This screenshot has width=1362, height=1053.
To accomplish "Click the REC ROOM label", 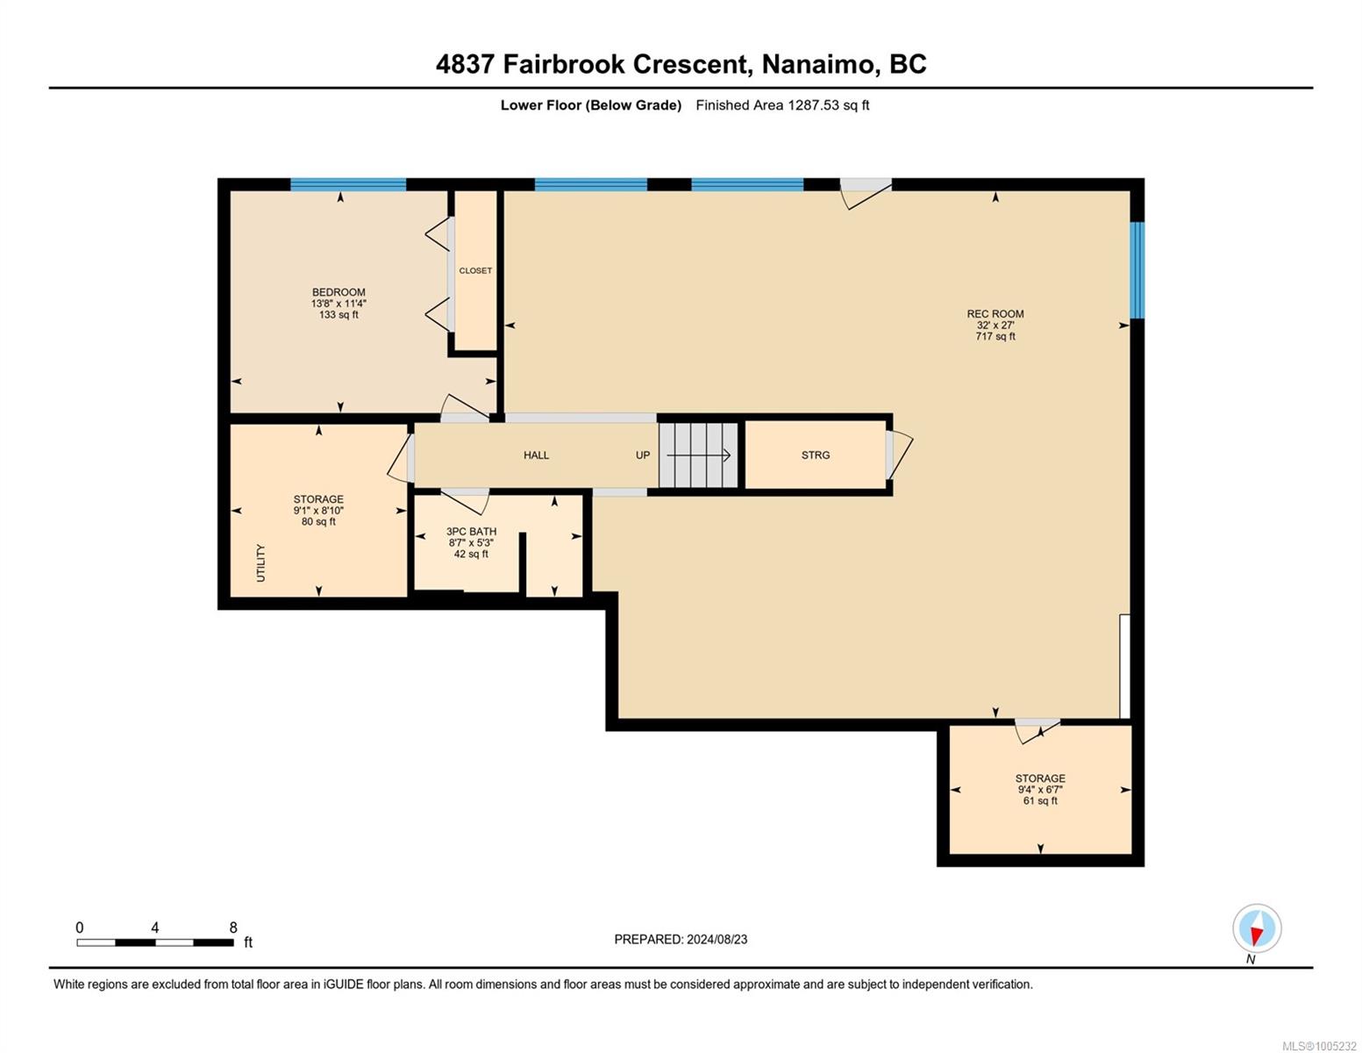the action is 995,313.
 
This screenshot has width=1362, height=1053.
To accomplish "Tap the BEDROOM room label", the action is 339,292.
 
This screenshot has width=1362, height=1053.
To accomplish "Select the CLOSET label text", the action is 475,271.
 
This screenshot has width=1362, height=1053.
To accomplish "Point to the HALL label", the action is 536,455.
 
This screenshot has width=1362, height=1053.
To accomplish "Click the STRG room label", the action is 816,455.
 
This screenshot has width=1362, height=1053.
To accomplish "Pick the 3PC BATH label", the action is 471,532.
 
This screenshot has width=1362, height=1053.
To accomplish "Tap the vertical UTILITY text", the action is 260,562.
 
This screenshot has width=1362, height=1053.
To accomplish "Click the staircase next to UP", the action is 698,455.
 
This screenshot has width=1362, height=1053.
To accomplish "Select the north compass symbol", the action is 1256,929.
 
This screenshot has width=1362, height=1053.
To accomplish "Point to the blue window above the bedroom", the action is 348,184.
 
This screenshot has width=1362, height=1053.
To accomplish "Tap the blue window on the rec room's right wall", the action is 1137,270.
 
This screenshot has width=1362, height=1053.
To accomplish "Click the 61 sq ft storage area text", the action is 1040,801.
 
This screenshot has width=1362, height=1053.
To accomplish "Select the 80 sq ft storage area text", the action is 318,522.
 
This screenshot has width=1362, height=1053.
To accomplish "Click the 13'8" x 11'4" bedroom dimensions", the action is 339,304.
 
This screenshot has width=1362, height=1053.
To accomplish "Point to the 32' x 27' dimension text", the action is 995,325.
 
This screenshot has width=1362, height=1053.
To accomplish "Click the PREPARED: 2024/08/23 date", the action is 681,940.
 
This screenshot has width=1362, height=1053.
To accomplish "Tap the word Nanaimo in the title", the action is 818,65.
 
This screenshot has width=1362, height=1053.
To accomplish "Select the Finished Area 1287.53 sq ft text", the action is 782,105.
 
